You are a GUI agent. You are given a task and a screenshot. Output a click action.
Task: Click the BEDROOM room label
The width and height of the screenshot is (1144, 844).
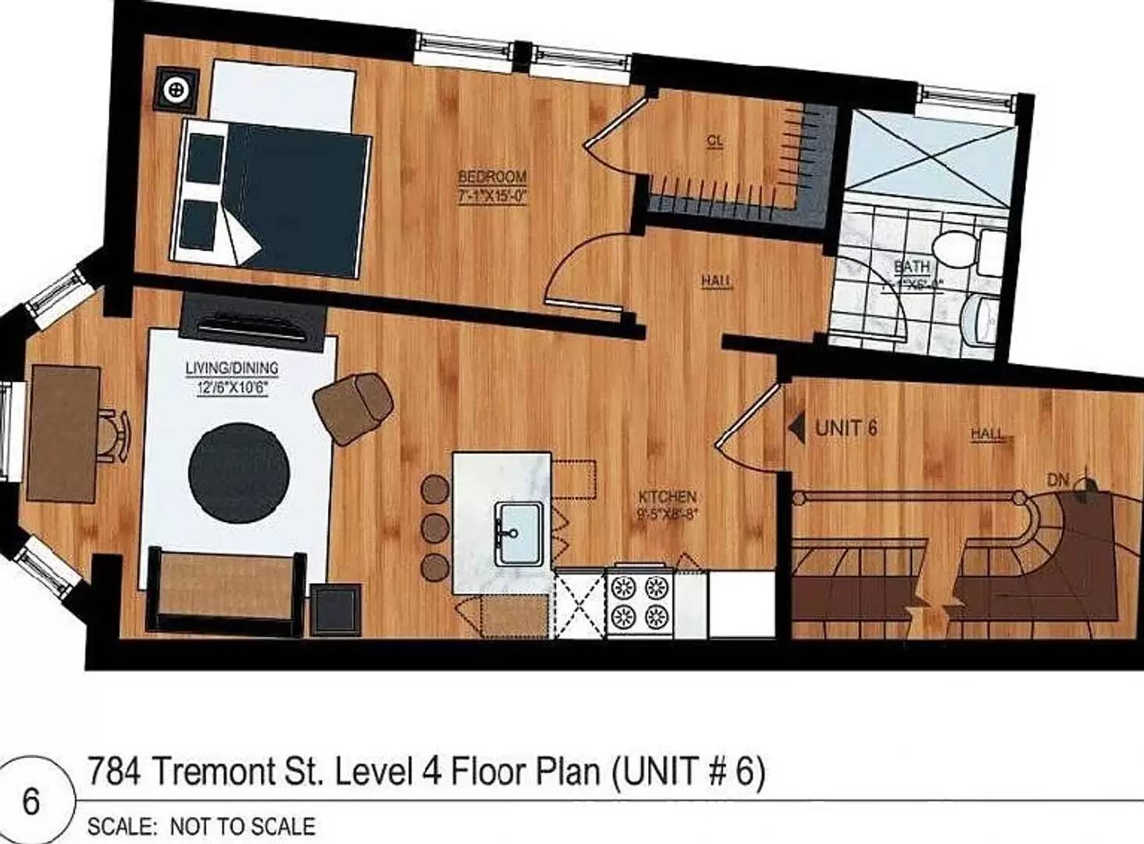tap(492, 177)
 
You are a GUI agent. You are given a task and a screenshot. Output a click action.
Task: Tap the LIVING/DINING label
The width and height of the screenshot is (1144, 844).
tap(231, 367)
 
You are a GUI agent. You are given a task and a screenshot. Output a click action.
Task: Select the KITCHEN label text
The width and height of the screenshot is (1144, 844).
tap(667, 497)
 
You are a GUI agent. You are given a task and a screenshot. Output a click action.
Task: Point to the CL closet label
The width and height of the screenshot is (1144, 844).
tap(715, 141)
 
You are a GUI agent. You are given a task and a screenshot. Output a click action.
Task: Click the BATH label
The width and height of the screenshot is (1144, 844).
tap(911, 266)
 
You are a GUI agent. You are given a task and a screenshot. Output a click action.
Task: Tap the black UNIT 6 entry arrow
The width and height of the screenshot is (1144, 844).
tap(797, 428)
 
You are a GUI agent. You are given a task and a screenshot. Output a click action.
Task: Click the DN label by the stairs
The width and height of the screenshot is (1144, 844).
tap(1058, 480)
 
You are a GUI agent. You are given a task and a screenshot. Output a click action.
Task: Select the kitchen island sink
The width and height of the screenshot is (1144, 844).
tap(519, 533)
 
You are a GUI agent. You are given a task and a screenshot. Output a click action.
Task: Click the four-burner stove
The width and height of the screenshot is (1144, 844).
tap(640, 603)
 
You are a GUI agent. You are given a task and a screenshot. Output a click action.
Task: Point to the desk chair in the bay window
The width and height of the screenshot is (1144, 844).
tap(115, 435)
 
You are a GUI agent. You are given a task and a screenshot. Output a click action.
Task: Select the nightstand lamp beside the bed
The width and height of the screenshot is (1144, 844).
tap(177, 91)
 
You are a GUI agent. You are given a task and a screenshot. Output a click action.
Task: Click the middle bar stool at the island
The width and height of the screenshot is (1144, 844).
tap(434, 527)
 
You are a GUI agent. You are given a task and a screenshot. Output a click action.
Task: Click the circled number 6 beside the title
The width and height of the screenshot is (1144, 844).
tap(31, 802)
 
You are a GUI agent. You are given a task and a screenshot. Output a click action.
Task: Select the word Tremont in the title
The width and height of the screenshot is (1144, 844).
tap(234, 772)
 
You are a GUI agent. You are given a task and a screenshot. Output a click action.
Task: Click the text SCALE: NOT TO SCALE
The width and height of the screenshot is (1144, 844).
tap(201, 827)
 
